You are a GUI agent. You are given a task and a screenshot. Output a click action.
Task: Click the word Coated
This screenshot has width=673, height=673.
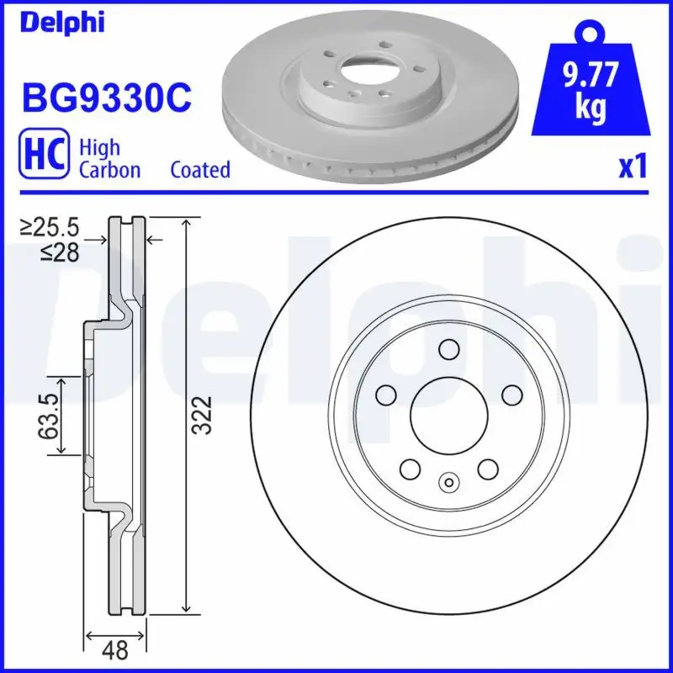point(200,170)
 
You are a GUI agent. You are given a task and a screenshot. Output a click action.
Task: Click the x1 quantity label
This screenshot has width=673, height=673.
point(633,167)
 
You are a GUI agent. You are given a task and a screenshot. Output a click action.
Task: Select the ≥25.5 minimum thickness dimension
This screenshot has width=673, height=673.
point(50,227)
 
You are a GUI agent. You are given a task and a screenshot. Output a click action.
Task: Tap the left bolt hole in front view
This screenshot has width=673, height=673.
point(387,395)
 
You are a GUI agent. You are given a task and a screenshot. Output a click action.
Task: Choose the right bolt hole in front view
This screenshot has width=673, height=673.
point(510,395)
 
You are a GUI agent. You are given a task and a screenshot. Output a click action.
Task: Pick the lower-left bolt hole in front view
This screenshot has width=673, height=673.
point(411,468)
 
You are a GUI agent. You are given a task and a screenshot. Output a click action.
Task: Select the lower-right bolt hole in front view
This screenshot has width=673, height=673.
point(487,468)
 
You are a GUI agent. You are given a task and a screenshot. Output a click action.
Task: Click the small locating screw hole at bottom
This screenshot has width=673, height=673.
point(448,483)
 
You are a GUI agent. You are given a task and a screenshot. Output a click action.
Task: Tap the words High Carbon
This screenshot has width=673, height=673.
point(109,158)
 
